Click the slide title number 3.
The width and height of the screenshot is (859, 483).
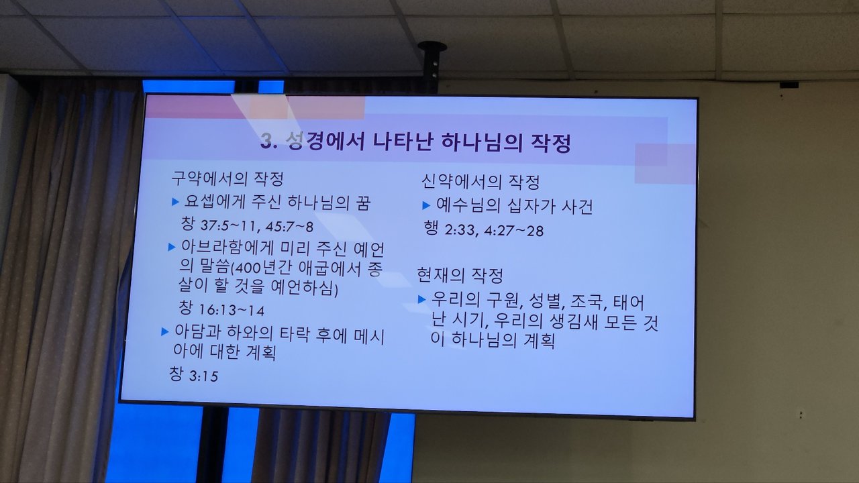[268, 141]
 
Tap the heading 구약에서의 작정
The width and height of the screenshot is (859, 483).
[228, 178]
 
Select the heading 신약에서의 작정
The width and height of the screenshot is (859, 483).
[481, 181]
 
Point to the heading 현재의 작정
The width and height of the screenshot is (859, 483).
[460, 275]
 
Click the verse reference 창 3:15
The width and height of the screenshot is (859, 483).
[194, 374]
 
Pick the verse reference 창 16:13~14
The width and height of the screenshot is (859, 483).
[221, 309]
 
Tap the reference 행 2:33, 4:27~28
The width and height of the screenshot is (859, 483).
[484, 229]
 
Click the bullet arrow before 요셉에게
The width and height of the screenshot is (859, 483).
[175, 202]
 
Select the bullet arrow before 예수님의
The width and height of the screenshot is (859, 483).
[426, 206]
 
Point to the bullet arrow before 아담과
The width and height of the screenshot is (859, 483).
[165, 331]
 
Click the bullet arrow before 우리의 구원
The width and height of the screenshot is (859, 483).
[422, 299]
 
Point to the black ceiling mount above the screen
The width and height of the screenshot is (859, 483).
[433, 65]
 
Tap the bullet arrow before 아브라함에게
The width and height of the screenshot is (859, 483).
[172, 248]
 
